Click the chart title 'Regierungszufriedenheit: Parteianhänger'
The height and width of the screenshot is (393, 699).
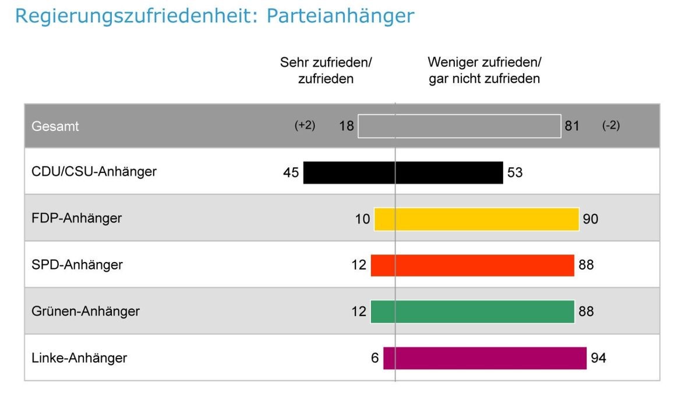point(214,16)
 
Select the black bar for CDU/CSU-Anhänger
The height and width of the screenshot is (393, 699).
point(403,172)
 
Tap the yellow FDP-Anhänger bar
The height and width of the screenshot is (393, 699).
point(476,219)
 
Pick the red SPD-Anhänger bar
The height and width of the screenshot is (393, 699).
point(472,265)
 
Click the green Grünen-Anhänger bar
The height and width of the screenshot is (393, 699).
point(472,311)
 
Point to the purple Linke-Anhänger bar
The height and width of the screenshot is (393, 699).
point(484,358)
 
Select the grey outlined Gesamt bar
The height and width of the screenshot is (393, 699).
point(459,126)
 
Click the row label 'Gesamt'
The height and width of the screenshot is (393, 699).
point(55,126)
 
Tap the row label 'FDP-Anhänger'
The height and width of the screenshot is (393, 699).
point(77,218)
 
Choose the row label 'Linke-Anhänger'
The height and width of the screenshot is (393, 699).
point(79,357)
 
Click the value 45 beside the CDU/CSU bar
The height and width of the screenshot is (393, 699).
point(291,173)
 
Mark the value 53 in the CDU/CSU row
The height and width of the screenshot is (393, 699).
point(515,173)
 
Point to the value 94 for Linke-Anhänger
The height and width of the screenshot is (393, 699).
point(598,358)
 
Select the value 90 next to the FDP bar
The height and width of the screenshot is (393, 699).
point(590,219)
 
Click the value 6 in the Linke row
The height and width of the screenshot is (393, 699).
point(375,358)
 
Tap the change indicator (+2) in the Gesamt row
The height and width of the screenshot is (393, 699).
point(305,126)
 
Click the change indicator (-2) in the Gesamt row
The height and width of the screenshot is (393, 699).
point(610,126)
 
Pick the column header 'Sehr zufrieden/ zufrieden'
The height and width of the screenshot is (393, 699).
point(326,70)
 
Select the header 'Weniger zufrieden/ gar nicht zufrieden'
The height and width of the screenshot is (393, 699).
point(484,70)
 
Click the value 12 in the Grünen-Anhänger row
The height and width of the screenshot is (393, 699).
point(359,311)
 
